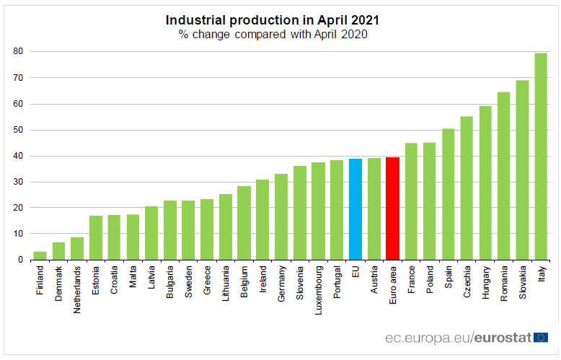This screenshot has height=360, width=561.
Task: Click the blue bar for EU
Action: (x=355, y=209)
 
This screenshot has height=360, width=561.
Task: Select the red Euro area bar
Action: (x=393, y=208)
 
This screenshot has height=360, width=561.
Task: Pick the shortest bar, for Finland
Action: (x=40, y=255)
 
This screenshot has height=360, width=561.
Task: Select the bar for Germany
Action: (x=281, y=216)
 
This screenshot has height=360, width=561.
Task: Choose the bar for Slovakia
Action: (x=522, y=170)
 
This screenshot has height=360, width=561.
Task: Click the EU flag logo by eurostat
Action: (x=541, y=336)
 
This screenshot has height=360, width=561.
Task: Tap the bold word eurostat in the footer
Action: (x=503, y=337)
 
